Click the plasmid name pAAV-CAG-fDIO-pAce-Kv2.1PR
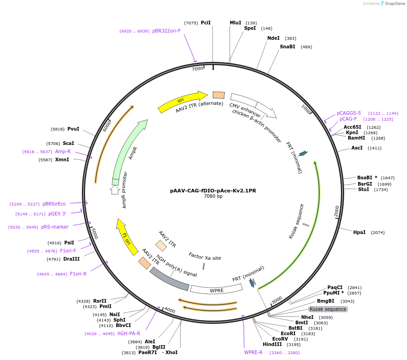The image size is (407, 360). [x=213, y=191]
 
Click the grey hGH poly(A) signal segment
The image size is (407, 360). [x=169, y=279]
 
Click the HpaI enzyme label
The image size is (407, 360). [x=360, y=232]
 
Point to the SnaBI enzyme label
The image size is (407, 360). [x=288, y=47]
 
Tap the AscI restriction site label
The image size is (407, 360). [x=357, y=148]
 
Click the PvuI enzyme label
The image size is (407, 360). [x=73, y=129]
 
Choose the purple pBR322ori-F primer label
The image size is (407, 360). [x=166, y=31]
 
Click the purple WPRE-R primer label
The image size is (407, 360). [x=253, y=352]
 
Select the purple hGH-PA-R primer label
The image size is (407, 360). [x=129, y=333]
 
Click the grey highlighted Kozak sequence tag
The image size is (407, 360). [x=328, y=309]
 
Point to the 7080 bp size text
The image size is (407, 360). [x=213, y=196]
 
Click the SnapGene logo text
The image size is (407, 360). [x=394, y=4]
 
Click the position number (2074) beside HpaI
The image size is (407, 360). [x=378, y=233]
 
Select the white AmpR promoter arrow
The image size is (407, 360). [x=115, y=190]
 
